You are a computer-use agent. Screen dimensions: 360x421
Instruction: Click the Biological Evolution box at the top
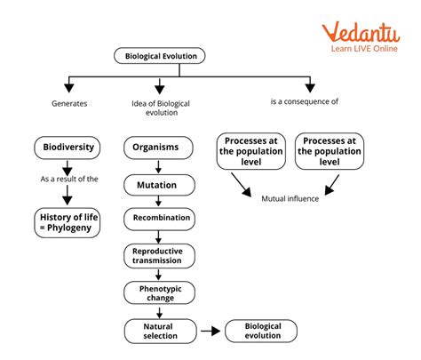click(x=159, y=56)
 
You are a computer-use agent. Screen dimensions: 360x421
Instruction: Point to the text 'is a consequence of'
click(x=304, y=102)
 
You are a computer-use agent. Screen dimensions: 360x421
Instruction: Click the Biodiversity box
click(x=67, y=147)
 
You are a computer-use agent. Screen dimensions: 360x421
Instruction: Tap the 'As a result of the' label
click(x=68, y=179)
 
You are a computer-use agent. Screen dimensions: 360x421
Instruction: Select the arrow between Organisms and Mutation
click(x=157, y=166)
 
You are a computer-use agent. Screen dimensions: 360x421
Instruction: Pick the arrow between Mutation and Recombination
click(x=157, y=203)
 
